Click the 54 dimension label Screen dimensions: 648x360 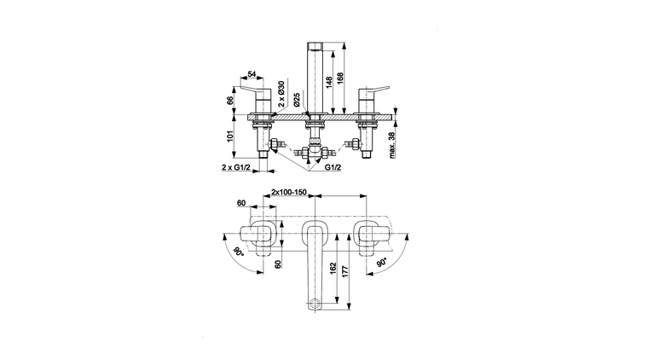tap(252, 74)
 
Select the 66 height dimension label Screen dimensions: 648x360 tap(230, 99)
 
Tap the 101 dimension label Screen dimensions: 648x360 tap(230, 136)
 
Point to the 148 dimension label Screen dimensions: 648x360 tap(328, 82)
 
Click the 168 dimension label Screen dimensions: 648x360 tap(340, 78)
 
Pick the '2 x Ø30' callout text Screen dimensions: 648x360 tap(281, 94)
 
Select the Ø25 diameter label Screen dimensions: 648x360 tap(297, 100)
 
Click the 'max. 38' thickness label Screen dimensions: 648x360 tap(392, 145)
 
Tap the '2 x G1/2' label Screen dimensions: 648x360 tap(236, 167)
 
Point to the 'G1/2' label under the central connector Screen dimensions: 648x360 tap(333, 167)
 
